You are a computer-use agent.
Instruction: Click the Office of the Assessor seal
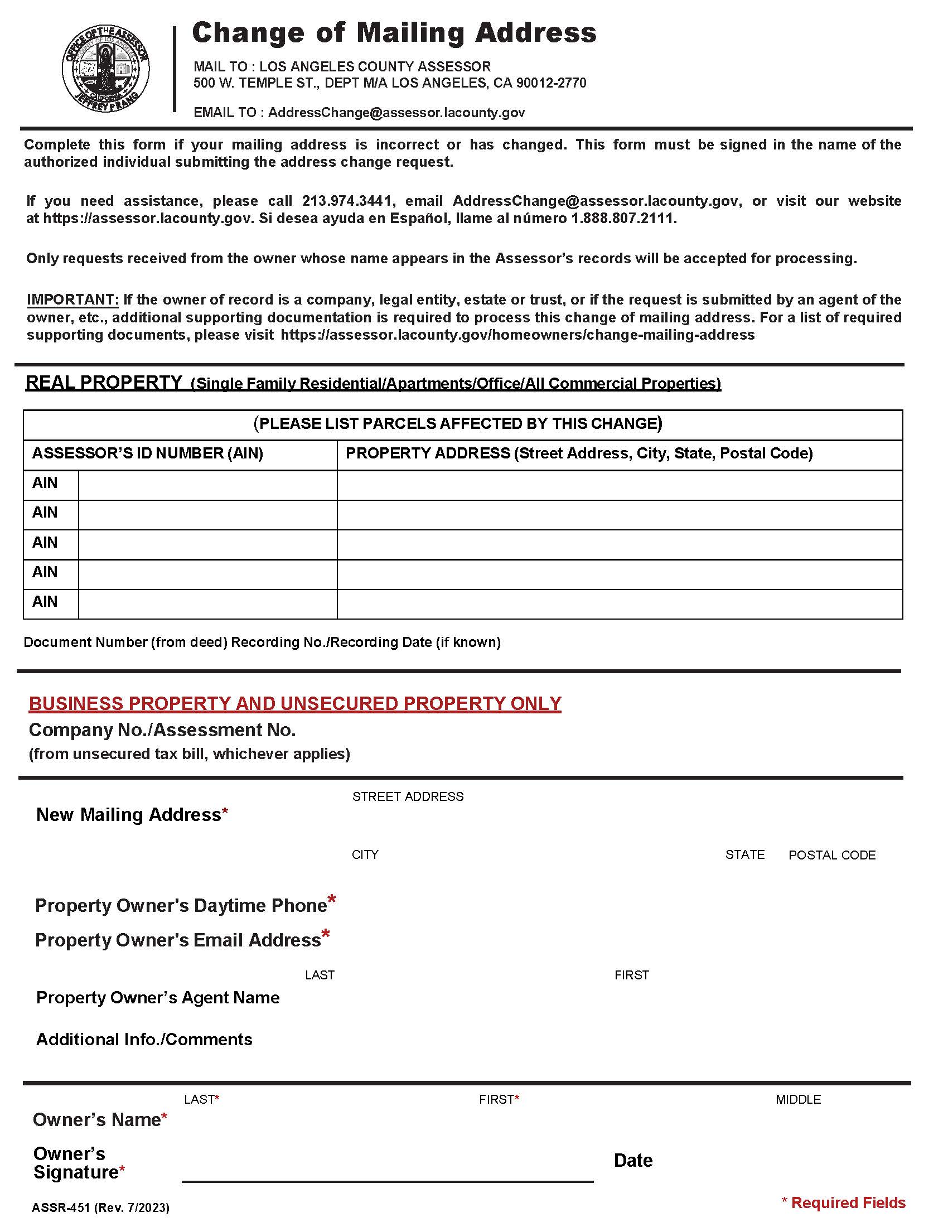pyautogui.click(x=105, y=69)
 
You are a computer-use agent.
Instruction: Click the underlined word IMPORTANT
pyautogui.click(x=72, y=299)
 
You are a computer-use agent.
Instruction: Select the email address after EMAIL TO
pyautogui.click(x=396, y=112)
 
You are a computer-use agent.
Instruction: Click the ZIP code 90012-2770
pyautogui.click(x=551, y=83)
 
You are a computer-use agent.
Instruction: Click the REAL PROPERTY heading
pyautogui.click(x=104, y=383)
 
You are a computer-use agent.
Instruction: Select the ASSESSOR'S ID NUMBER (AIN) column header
pyautogui.click(x=148, y=453)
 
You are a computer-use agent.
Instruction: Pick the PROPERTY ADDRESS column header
pyautogui.click(x=579, y=453)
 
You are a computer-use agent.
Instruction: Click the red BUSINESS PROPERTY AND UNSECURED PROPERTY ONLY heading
pyautogui.click(x=295, y=703)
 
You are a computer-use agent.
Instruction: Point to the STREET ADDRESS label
pyautogui.click(x=408, y=796)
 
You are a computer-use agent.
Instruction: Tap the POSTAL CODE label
pyautogui.click(x=832, y=855)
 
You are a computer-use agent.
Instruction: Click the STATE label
pyautogui.click(x=744, y=854)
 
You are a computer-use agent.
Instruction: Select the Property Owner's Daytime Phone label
pyautogui.click(x=181, y=906)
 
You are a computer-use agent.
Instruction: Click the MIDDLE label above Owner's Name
pyautogui.click(x=798, y=1099)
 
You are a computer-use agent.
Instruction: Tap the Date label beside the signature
pyautogui.click(x=633, y=1161)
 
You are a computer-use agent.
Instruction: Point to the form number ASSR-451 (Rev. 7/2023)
pyautogui.click(x=100, y=1207)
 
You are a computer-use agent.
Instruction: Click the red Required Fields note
pyautogui.click(x=844, y=1202)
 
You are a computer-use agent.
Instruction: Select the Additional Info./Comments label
pyautogui.click(x=144, y=1040)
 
